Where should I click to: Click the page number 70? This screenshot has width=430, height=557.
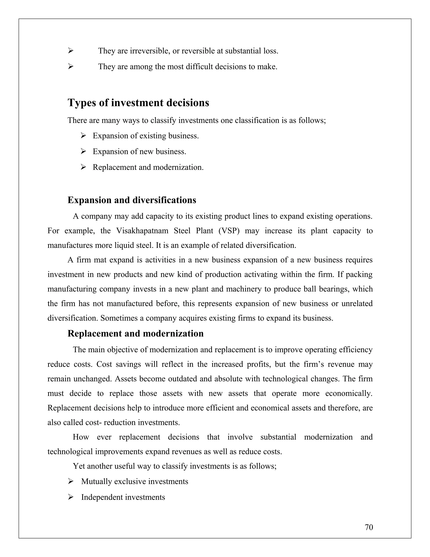[369, 527]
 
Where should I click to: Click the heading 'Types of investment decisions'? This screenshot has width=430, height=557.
[138, 103]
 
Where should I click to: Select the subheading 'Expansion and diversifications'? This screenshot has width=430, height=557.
[132, 200]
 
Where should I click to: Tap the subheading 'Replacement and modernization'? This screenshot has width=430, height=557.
[135, 333]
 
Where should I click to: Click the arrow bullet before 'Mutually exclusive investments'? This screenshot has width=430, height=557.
[71, 481]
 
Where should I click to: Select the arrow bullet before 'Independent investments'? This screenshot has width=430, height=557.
[71, 497]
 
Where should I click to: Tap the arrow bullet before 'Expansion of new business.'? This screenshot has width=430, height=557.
[83, 152]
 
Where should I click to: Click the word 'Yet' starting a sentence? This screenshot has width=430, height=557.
[79, 466]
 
